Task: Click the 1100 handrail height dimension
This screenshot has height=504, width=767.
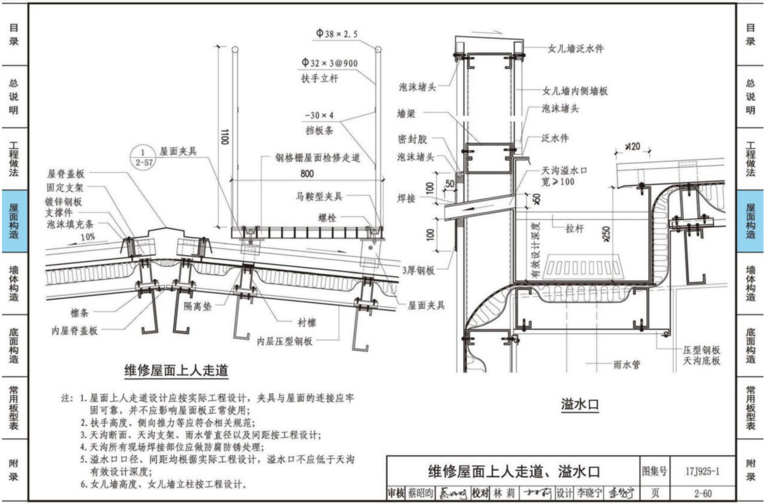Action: tap(225, 137)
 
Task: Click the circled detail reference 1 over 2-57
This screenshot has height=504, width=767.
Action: tap(142, 158)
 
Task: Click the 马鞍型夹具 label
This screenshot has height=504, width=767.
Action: tap(319, 196)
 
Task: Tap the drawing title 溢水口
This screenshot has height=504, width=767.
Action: tap(580, 403)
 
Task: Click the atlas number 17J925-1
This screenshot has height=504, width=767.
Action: tap(702, 471)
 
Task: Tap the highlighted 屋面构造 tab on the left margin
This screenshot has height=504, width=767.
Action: tap(15, 221)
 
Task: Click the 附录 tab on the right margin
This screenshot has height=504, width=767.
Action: tap(751, 470)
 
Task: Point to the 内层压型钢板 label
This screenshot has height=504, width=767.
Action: tap(285, 341)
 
